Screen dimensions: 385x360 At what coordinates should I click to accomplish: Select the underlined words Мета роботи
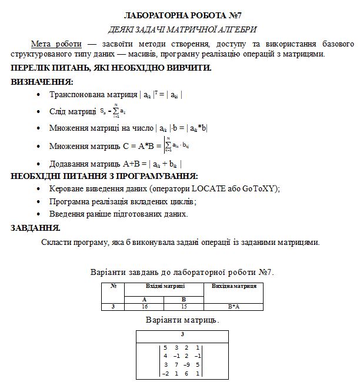[56, 44]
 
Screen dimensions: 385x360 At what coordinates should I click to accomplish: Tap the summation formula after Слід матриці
[110, 110]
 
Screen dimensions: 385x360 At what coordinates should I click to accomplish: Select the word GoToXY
[262, 188]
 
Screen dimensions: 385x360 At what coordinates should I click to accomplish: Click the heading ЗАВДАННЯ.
[35, 227]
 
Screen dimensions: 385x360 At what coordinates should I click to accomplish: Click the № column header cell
[113, 286]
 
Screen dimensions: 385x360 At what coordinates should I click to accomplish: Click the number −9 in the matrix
[186, 364]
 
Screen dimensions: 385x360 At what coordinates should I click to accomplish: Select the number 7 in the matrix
[176, 364]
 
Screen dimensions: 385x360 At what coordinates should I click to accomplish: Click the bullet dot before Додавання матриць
[39, 164]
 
